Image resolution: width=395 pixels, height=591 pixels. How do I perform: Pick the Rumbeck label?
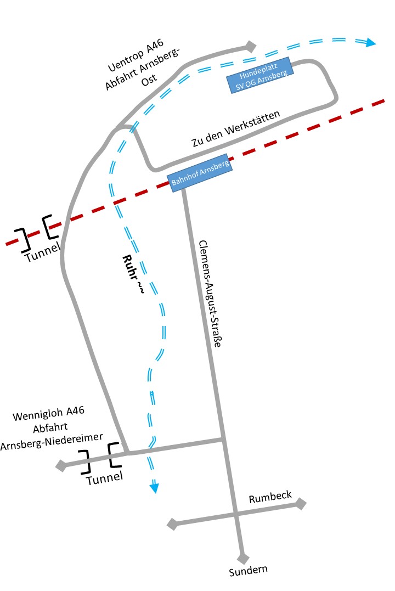point(270,498)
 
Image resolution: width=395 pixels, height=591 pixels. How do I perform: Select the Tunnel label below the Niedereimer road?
point(105,479)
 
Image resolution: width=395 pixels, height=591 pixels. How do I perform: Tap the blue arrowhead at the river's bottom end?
point(155,487)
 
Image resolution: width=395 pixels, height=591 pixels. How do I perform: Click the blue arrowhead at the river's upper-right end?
point(371,42)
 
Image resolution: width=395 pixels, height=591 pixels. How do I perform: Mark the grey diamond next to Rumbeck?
point(301,503)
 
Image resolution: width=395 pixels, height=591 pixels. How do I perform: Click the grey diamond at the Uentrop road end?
point(251,47)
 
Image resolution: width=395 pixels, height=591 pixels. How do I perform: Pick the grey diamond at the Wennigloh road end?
point(61,466)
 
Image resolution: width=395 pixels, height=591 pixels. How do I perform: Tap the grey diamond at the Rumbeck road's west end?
point(172,524)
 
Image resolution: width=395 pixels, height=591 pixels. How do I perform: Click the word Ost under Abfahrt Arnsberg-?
point(148,78)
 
